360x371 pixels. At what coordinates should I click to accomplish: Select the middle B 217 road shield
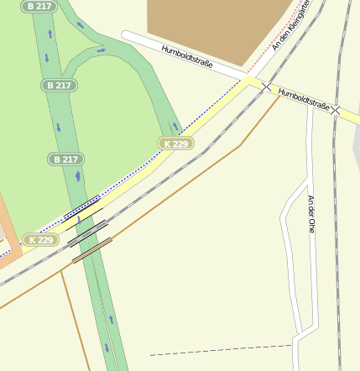(60, 85)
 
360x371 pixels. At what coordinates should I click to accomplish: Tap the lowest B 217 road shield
(66, 159)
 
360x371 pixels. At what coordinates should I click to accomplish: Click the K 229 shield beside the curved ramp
(176, 144)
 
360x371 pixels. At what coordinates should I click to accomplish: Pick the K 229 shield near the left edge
(40, 240)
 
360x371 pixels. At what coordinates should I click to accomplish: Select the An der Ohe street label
(311, 213)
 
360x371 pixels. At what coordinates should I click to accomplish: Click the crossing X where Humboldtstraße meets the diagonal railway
(266, 87)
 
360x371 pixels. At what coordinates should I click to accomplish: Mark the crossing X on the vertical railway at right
(335, 110)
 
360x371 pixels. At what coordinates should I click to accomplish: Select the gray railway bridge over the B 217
(87, 233)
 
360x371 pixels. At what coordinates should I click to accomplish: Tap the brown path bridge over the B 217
(91, 250)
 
